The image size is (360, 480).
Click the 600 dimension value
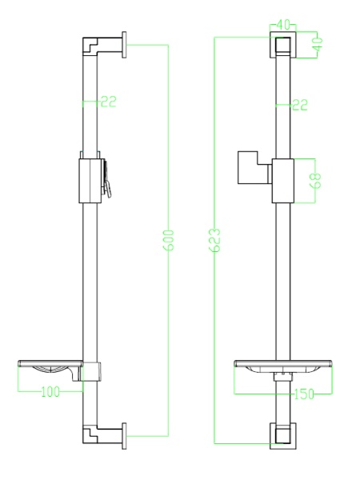tap(169, 240)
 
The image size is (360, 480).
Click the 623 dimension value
tap(215, 240)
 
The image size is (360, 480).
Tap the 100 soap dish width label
tap(51, 391)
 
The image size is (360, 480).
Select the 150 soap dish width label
tap(304, 394)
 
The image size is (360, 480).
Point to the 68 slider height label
tap(316, 181)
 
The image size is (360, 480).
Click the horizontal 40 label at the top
tap(282, 25)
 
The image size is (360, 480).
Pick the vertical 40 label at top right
tap(318, 44)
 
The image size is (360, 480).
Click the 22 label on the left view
tap(109, 102)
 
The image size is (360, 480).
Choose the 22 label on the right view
tap(299, 105)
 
